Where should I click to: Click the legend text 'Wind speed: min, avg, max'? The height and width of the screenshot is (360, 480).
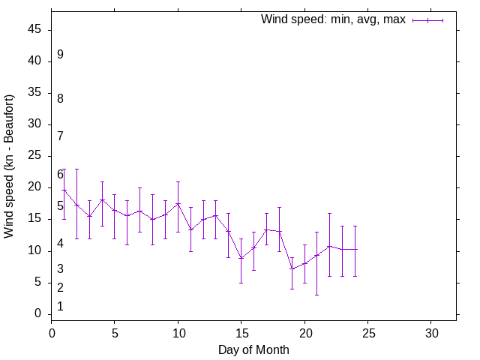[333, 19]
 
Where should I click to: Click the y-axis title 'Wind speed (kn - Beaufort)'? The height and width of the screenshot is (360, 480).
[10, 166]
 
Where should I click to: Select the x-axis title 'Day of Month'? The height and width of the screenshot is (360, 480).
[253, 349]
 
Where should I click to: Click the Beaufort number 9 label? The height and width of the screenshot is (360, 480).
[60, 55]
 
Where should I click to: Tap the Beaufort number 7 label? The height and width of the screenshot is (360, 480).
[60, 136]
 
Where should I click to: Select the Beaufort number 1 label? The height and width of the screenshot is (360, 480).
[60, 307]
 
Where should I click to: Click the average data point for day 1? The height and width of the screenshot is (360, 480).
[64, 190]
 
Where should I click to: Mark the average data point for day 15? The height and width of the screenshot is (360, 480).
[241, 258]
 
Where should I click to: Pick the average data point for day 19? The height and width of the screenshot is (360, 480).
[292, 268]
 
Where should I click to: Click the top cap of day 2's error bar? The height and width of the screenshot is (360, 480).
[76, 169]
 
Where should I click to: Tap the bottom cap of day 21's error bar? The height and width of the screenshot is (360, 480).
[317, 295]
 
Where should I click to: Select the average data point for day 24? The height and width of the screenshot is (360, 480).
[355, 249]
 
